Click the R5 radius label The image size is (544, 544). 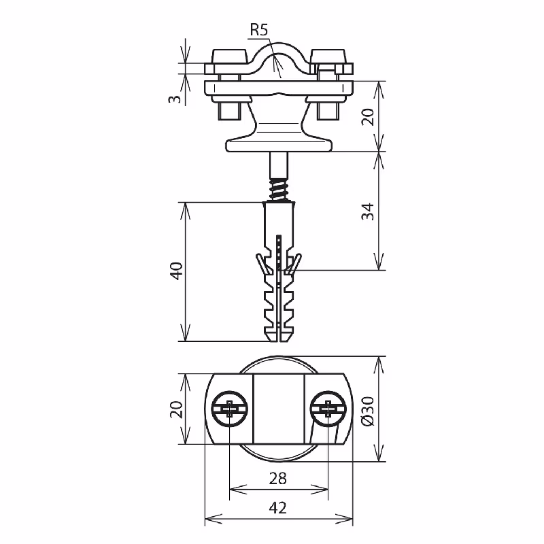point(260,30)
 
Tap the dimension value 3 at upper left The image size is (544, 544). point(176,99)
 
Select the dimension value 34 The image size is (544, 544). point(368,211)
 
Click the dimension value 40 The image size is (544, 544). point(176,272)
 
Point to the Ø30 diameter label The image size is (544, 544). point(368,411)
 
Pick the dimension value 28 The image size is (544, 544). point(278,479)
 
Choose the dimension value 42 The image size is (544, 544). point(278,508)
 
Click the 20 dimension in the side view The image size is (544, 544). point(368,116)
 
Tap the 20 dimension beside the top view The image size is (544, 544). point(176,409)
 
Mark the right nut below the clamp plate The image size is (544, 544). point(328,109)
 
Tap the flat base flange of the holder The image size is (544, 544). point(279,144)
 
